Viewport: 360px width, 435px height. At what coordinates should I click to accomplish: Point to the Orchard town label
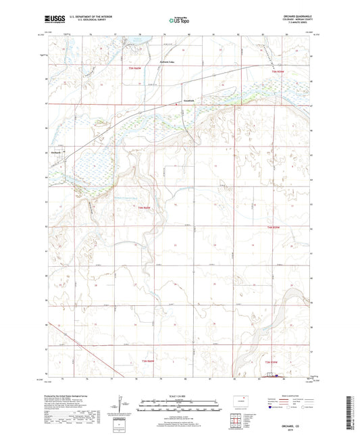pos(57,153)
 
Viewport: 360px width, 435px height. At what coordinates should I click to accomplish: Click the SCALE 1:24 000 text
pos(179,395)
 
